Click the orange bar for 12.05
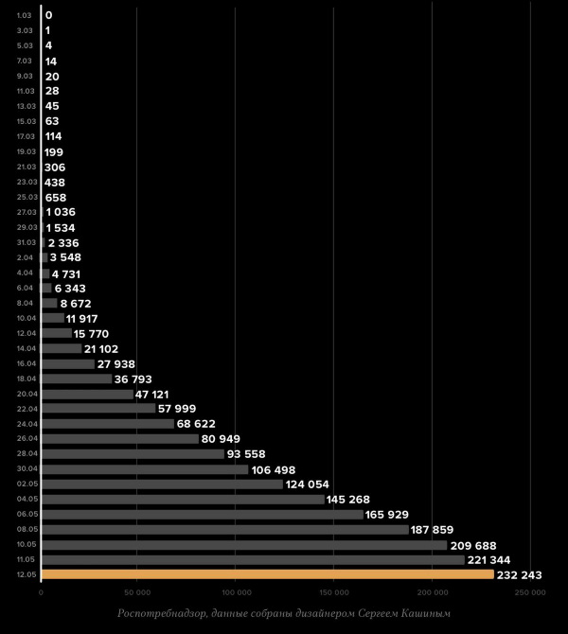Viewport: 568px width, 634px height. pyautogui.click(x=267, y=574)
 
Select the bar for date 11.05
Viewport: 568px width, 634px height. pyautogui.click(x=253, y=559)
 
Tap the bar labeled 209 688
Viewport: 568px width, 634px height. pyautogui.click(x=243, y=544)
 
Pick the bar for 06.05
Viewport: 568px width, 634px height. pyautogui.click(x=202, y=514)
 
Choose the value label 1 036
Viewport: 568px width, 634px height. pyautogui.click(x=61, y=212)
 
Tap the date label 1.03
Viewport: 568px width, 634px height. pyautogui.click(x=25, y=15)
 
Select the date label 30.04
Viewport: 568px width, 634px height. pyautogui.click(x=26, y=468)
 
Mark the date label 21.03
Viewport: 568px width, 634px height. pyautogui.click(x=26, y=167)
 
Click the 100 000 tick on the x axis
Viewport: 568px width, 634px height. pyautogui.click(x=235, y=592)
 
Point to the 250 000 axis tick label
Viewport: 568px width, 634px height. pyautogui.click(x=530, y=592)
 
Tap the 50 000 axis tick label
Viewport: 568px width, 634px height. pyautogui.click(x=137, y=592)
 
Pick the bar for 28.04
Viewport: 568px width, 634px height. pyautogui.click(x=133, y=453)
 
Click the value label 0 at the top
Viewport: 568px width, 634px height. pyautogui.click(x=48, y=15)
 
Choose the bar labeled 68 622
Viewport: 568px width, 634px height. pyautogui.click(x=108, y=423)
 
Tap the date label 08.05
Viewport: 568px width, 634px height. pyautogui.click(x=26, y=529)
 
